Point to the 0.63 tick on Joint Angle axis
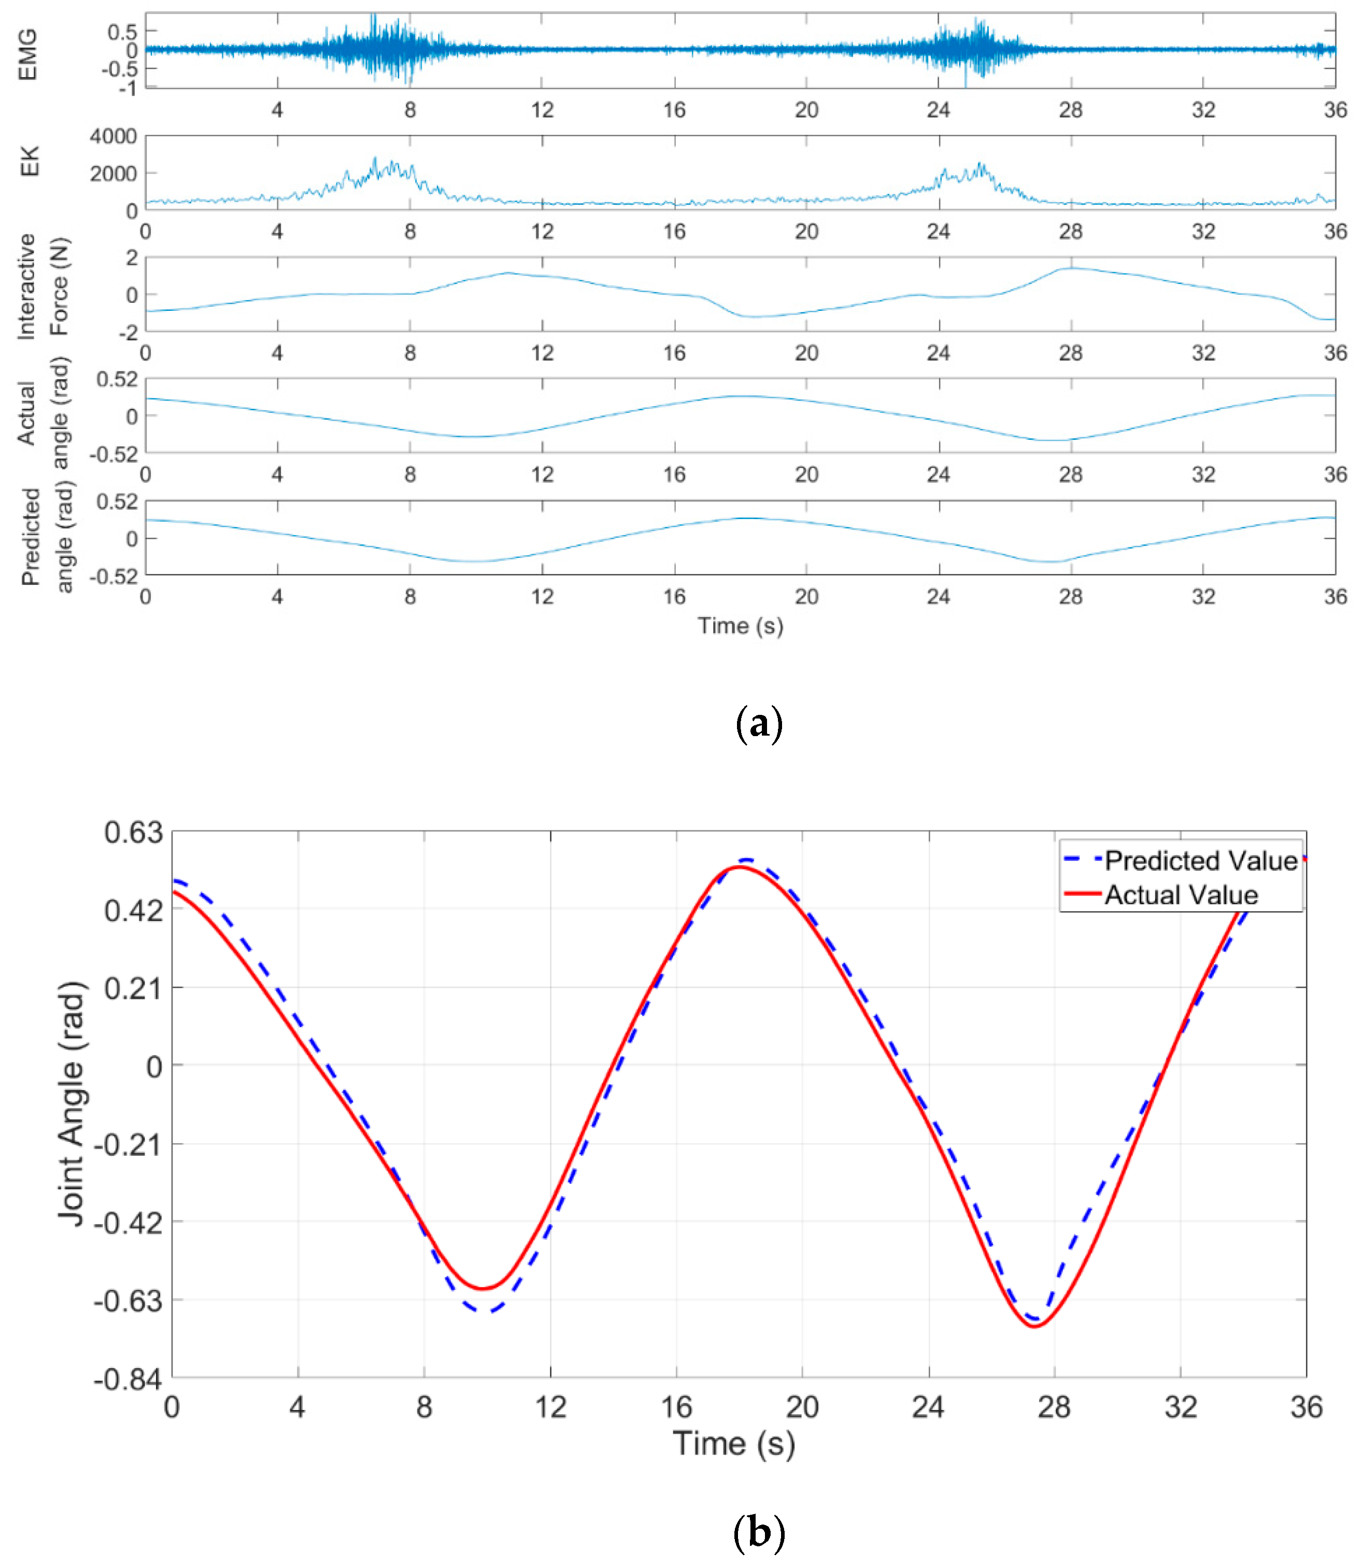134,833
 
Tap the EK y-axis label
28,162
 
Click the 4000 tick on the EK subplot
113,137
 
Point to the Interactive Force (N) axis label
44,287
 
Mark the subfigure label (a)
759,724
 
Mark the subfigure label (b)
759,1532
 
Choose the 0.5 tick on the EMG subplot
122,32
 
